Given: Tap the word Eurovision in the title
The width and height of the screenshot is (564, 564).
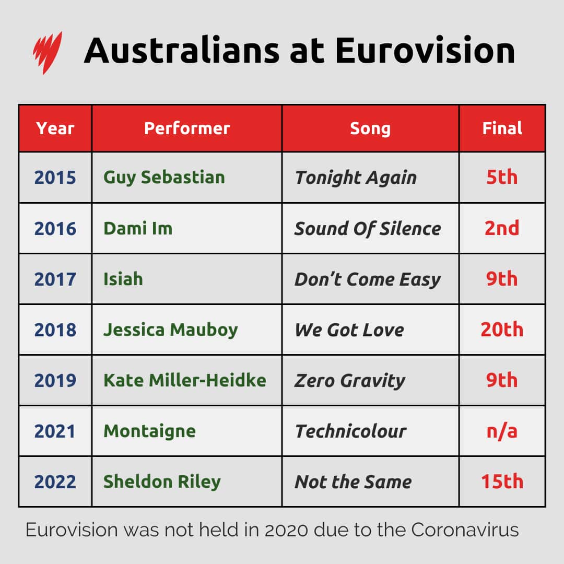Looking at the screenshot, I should [425, 51].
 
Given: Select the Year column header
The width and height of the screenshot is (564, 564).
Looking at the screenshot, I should [55, 128].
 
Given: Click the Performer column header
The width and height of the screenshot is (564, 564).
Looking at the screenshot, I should [187, 128].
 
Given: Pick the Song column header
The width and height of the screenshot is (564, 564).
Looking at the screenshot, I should [370, 128].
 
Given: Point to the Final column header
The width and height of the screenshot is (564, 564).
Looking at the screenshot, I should [502, 128].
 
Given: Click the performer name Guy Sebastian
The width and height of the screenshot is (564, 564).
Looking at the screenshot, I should [164, 177].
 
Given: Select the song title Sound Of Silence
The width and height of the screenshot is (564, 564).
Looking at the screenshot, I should [368, 228].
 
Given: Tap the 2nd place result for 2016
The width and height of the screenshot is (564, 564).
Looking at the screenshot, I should [502, 228].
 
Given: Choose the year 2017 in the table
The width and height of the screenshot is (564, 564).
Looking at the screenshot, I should [55, 279].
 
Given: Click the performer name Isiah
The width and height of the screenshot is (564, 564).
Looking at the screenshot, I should [123, 279].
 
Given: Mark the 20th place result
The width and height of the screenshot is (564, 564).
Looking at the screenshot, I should [502, 330].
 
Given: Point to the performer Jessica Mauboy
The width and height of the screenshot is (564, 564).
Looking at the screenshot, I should [171, 330].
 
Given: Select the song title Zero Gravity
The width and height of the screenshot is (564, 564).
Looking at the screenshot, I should [350, 381].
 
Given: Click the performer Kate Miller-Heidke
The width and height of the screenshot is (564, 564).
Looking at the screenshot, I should [185, 380].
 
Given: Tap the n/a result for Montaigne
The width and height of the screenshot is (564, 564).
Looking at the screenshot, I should [502, 431].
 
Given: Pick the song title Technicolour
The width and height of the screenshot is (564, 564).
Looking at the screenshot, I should [350, 431].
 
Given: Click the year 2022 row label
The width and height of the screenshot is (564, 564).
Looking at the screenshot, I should [55, 481].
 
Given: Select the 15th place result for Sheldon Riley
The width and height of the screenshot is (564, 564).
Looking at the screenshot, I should [502, 481].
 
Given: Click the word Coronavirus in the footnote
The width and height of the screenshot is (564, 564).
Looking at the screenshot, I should [465, 530].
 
